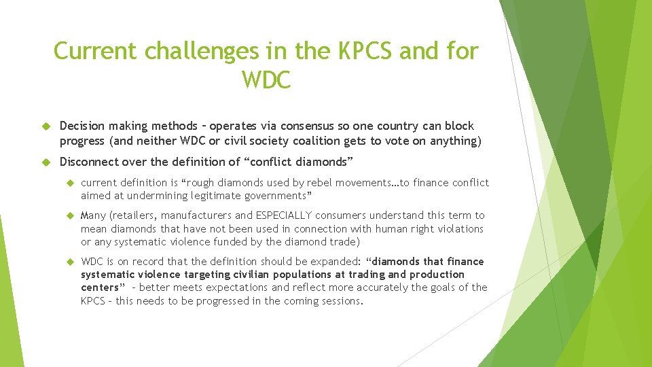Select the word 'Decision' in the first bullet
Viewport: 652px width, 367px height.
pyautogui.click(x=82, y=126)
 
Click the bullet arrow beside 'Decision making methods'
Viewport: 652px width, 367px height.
pyautogui.click(x=47, y=126)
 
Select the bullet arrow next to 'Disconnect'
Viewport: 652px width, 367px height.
pyautogui.click(x=47, y=162)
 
